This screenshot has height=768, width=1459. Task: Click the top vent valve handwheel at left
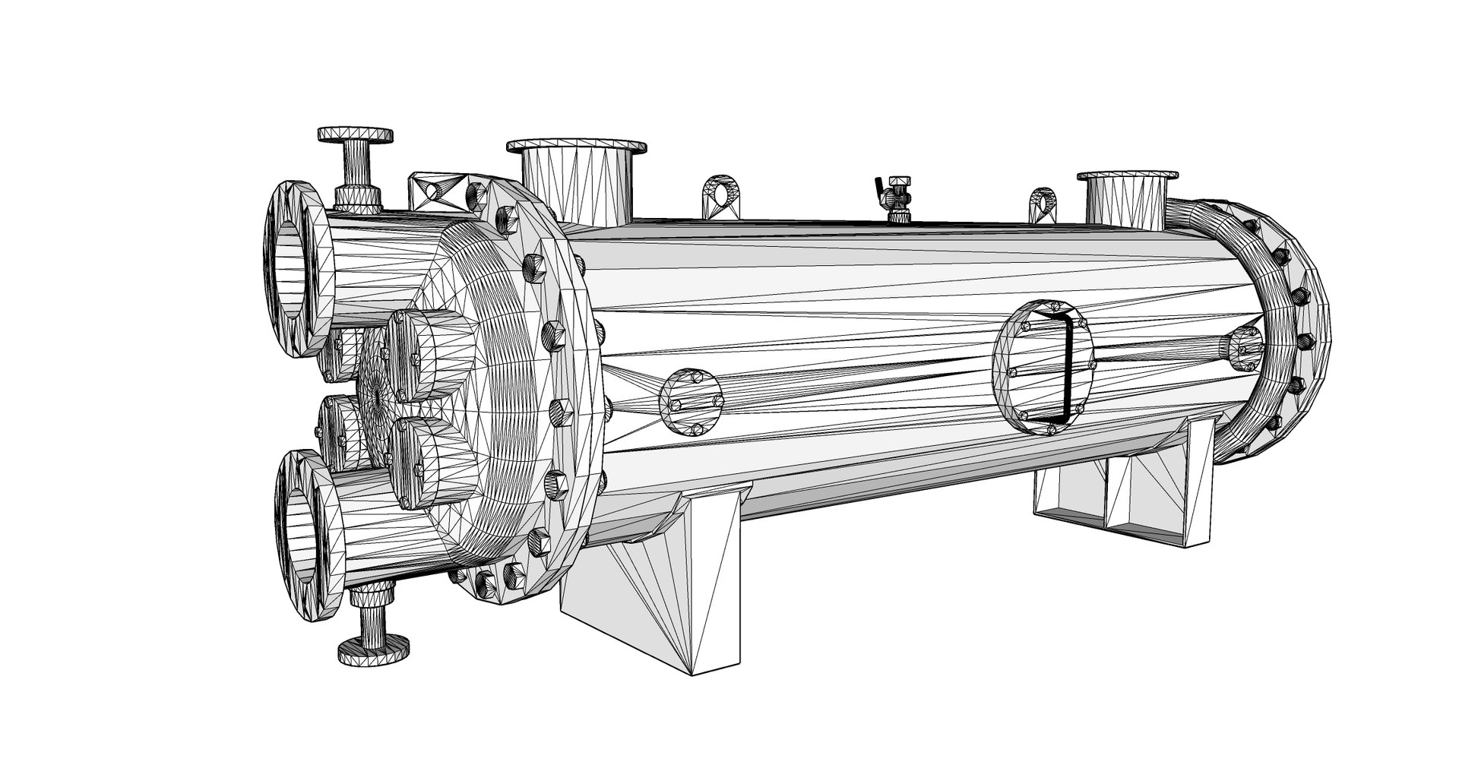[x=356, y=135]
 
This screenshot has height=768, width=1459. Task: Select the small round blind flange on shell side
[x=690, y=403]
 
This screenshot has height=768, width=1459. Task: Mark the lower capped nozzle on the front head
[x=422, y=463]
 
